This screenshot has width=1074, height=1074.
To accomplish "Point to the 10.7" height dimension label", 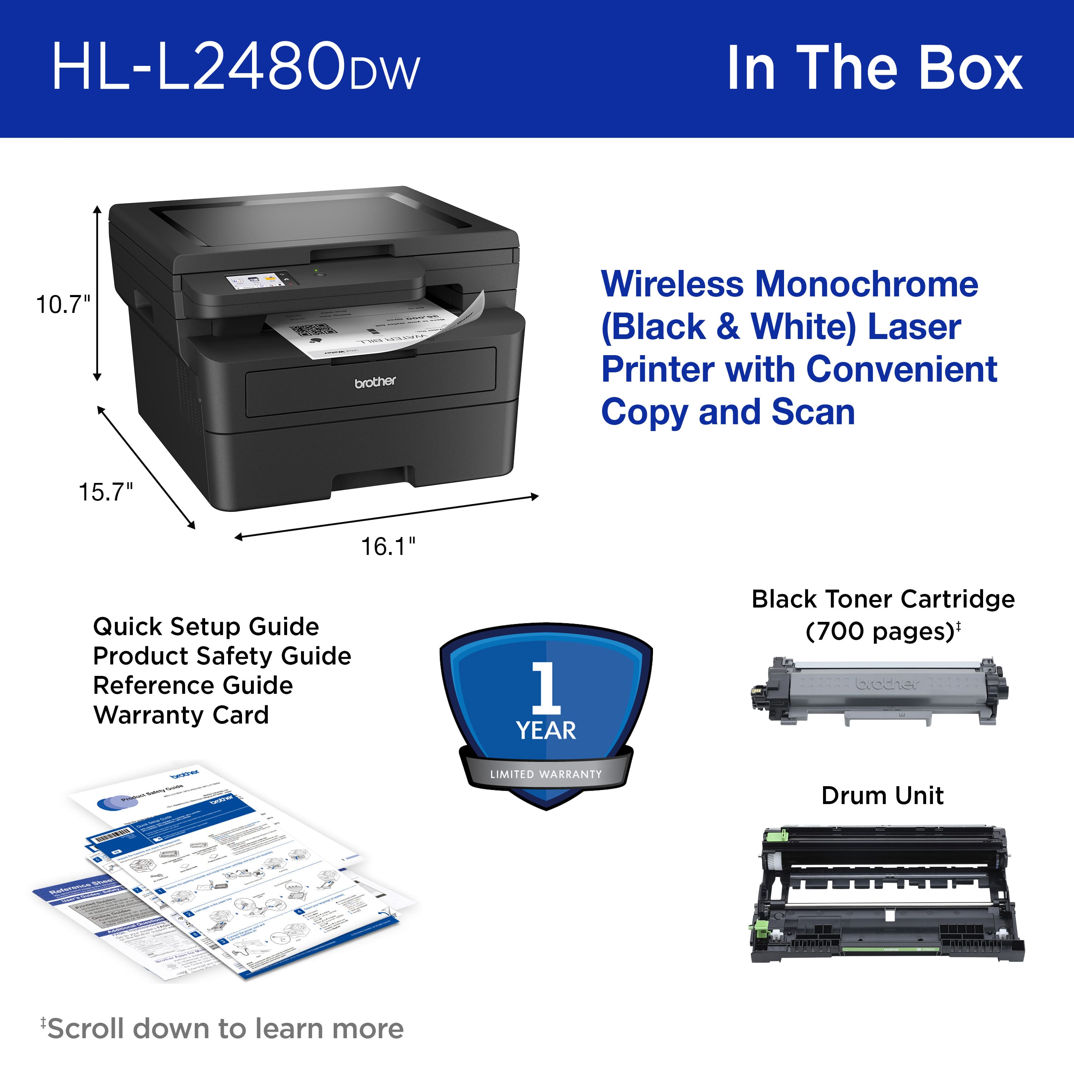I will [63, 305].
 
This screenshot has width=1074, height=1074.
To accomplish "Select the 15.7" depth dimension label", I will [106, 492].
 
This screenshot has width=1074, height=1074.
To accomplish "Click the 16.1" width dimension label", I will [388, 546].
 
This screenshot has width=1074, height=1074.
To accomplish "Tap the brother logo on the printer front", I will [375, 382].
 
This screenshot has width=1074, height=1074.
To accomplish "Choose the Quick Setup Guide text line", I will [206, 626].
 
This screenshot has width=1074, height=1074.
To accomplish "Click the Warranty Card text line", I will [181, 715].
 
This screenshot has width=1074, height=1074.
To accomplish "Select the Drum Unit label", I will [882, 795].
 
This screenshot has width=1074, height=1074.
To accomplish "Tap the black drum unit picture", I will [887, 895].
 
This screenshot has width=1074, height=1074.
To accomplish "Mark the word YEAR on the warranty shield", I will [546, 730].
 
